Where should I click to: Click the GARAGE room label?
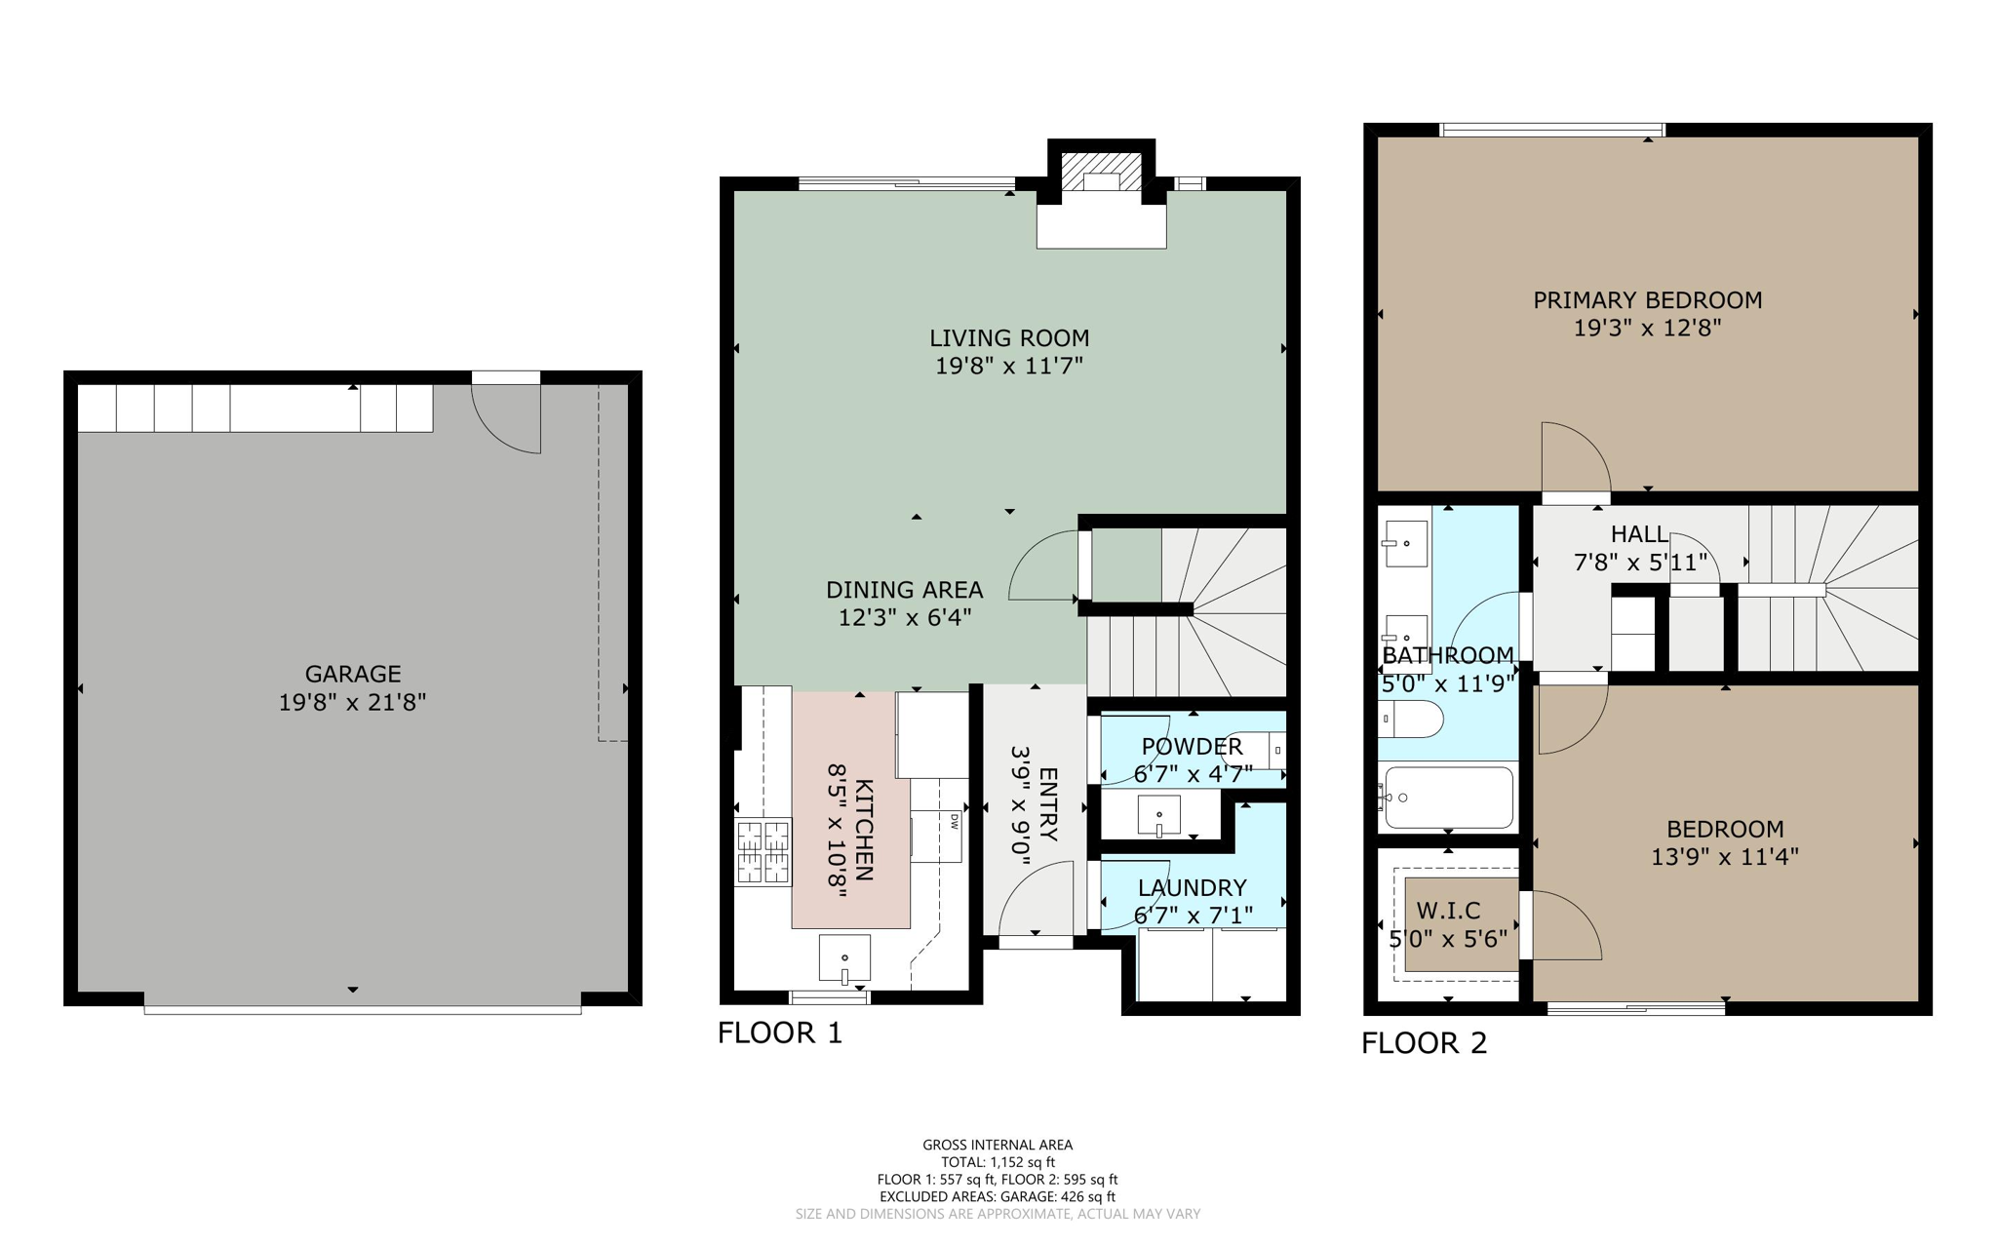[x=353, y=674]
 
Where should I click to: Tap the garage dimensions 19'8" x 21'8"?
[x=353, y=702]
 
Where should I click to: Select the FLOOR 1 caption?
[x=779, y=1033]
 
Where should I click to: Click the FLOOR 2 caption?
[x=1424, y=1043]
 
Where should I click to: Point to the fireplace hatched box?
[x=1101, y=171]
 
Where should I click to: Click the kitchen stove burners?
[x=763, y=852]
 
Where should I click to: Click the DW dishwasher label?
[x=955, y=822]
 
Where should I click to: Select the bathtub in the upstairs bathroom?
[x=1448, y=798]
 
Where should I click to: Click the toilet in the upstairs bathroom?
[x=1412, y=720]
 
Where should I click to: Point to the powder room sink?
[x=1158, y=815]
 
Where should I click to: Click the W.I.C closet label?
[x=1448, y=911]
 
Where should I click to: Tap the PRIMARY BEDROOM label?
[x=1647, y=300]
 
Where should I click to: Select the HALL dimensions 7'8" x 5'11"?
[x=1640, y=563]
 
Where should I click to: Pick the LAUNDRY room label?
[x=1192, y=887]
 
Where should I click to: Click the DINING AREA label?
[x=904, y=590]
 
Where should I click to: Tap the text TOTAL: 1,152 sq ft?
[x=997, y=1162]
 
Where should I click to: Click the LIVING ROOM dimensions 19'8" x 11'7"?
[x=1009, y=366]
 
